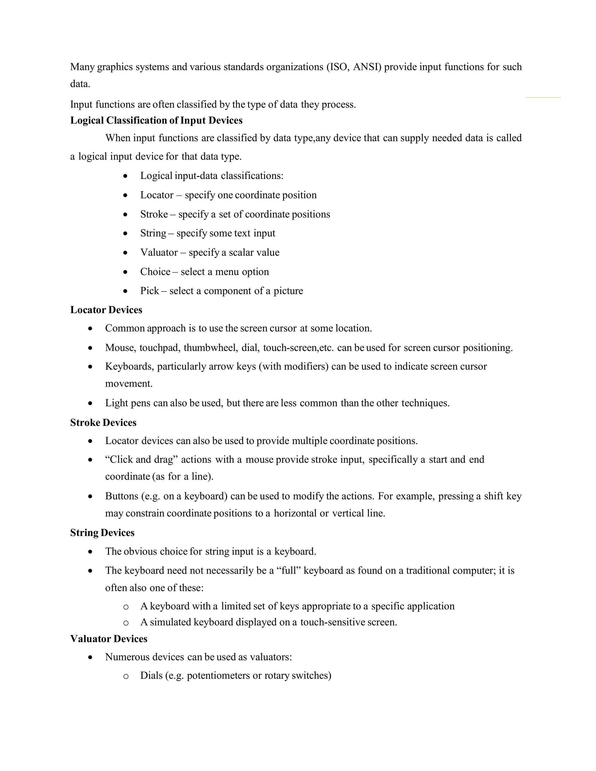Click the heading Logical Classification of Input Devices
pyautogui.click(x=156, y=120)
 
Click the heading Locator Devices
pyautogui.click(x=106, y=310)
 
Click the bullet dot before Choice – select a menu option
pyautogui.click(x=125, y=272)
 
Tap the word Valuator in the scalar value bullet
pyautogui.click(x=159, y=253)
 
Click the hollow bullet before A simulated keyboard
pyautogui.click(x=126, y=623)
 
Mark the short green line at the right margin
pyautogui.click(x=543, y=97)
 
